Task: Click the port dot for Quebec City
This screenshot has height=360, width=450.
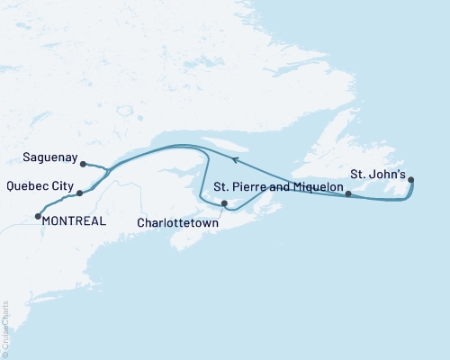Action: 80,193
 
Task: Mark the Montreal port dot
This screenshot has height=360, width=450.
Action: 38,215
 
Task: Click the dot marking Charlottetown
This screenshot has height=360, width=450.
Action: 224,203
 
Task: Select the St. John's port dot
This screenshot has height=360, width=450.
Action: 411,180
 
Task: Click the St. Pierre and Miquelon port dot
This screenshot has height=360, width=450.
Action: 348,193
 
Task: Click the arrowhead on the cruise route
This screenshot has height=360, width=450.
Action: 235,159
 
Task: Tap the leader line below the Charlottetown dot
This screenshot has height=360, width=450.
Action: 224,211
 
